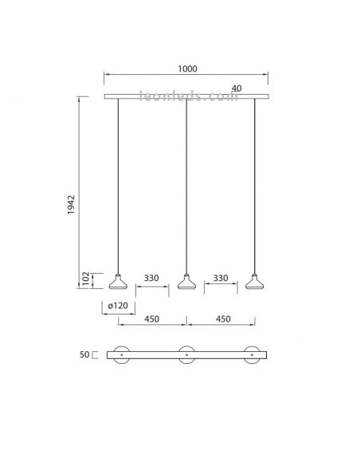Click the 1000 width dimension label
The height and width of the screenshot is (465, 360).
(186, 69)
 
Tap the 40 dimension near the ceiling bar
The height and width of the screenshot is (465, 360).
(237, 88)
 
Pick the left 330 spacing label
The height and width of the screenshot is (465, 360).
(152, 279)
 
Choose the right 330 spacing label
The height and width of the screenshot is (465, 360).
(221, 279)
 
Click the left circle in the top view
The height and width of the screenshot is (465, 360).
(119, 354)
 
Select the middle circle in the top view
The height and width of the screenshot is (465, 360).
(187, 354)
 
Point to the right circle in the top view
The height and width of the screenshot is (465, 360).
(255, 354)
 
